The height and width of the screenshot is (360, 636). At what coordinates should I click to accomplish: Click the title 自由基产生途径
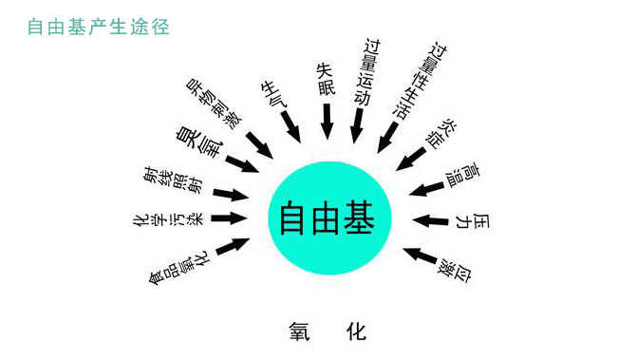[99, 28]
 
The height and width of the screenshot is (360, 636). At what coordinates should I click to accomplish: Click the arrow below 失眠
[327, 121]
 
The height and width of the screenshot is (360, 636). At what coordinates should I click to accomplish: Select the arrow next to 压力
[431, 220]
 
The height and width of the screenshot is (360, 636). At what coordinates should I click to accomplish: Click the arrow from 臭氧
[243, 163]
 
